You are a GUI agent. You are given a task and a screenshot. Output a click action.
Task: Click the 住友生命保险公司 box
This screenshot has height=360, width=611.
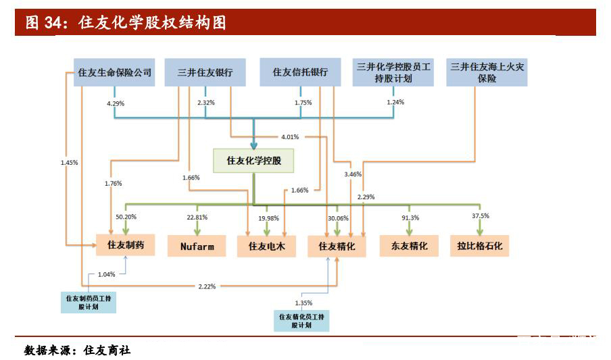[115, 72]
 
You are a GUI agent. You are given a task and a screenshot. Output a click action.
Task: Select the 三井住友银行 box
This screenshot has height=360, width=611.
[205, 72]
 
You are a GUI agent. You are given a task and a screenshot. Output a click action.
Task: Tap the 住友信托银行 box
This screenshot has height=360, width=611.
[300, 72]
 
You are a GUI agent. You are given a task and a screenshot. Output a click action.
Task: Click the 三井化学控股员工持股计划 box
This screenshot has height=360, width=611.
[393, 72]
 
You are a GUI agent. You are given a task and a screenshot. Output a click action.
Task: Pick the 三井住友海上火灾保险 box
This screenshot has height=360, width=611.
[487, 72]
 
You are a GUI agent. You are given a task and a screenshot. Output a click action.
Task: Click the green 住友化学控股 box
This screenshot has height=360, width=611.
[253, 160]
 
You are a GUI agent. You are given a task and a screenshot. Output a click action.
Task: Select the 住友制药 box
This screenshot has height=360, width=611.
[126, 245]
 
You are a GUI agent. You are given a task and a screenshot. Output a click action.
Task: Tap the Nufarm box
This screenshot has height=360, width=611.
[197, 246]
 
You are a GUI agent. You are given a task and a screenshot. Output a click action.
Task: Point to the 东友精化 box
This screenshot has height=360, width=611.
[408, 246]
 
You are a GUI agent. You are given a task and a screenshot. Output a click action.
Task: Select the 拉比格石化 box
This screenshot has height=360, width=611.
[480, 246]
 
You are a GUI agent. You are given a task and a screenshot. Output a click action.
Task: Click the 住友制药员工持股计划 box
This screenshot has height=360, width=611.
[89, 301]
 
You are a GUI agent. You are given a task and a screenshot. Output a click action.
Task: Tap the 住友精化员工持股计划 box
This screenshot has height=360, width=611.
[301, 320]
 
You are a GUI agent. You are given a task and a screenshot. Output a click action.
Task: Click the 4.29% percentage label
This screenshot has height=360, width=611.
[116, 103]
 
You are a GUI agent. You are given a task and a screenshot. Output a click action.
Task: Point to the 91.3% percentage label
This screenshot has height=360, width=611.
[410, 217]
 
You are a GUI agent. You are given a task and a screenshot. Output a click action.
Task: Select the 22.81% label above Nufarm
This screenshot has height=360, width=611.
[197, 217]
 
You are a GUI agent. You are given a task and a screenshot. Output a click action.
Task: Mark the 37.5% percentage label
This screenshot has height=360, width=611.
[481, 216]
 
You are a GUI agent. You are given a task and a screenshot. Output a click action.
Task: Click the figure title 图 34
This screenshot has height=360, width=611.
[126, 24]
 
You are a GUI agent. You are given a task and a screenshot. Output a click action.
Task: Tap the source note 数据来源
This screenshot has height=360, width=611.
[77, 351]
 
